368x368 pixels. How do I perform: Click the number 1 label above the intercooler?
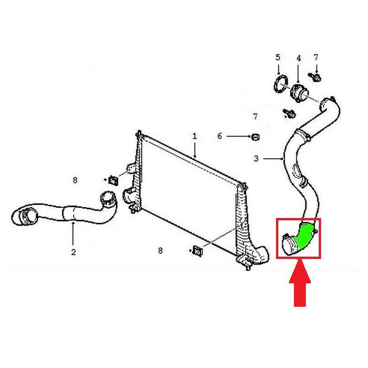(x=195, y=136)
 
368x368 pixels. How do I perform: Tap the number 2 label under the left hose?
(x=73, y=252)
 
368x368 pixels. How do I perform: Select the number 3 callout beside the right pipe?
(x=256, y=159)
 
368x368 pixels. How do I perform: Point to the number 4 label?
(x=299, y=58)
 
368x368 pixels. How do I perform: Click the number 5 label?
(x=278, y=57)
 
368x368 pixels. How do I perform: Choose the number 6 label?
(x=220, y=136)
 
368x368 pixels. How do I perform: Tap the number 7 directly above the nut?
(x=256, y=116)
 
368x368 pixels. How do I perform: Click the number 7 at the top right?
(x=316, y=57)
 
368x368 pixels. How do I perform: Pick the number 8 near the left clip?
(x=75, y=180)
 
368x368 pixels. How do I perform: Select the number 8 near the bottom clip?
(x=160, y=251)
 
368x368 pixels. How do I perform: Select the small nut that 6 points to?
(x=256, y=136)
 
